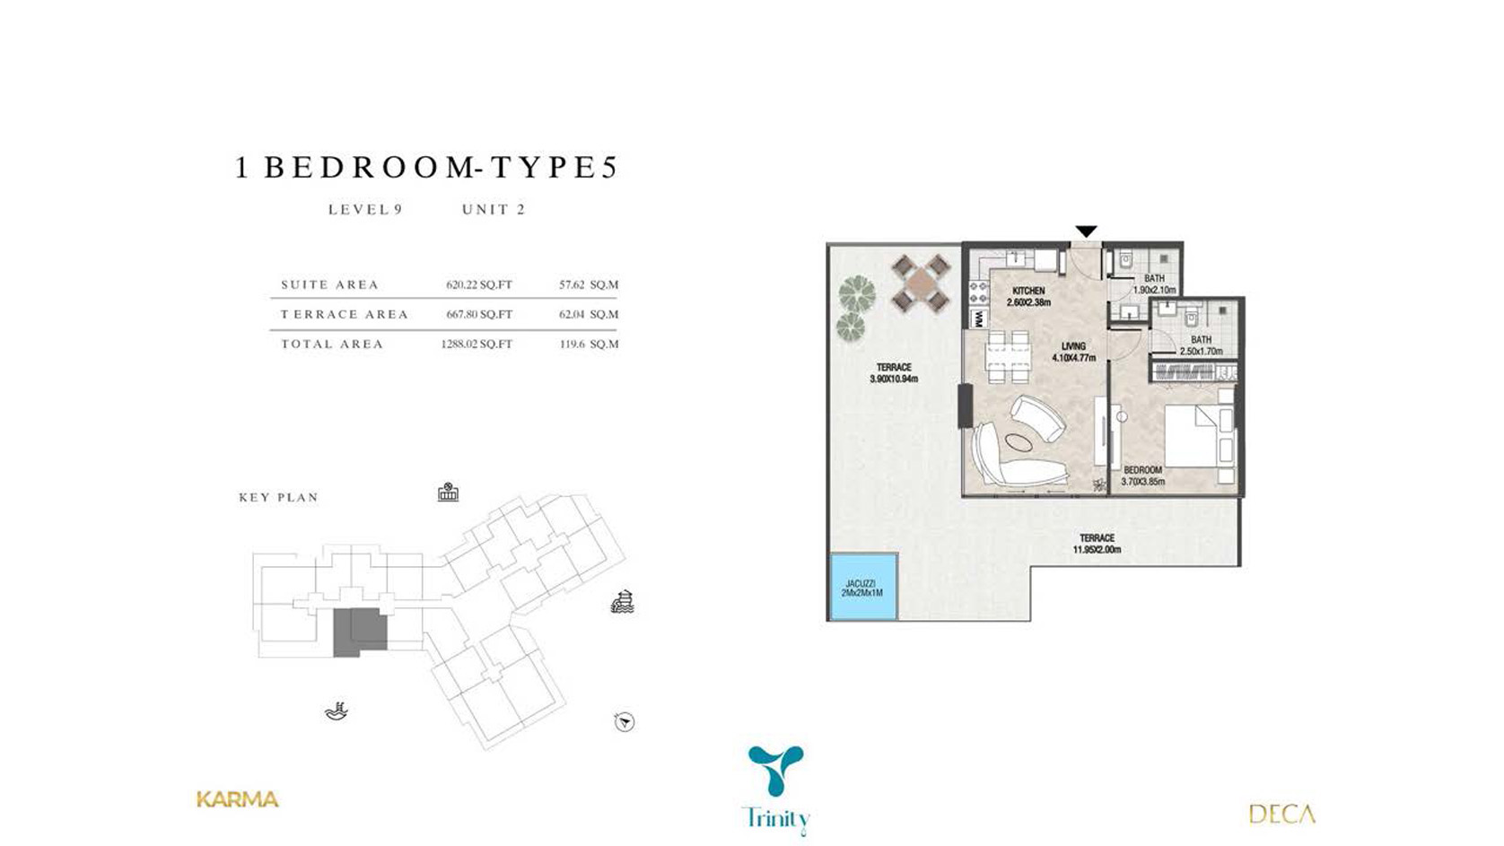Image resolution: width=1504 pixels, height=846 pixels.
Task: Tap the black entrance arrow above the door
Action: [1086, 231]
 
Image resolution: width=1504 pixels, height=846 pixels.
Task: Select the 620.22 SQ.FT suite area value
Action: [478, 284]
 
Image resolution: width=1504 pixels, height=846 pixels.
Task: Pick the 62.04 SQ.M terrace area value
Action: [588, 314]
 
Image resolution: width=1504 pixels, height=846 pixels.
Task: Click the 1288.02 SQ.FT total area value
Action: [476, 344]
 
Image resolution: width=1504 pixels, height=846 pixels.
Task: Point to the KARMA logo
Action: [238, 799]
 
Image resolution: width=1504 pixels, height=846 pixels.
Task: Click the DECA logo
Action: [1281, 815]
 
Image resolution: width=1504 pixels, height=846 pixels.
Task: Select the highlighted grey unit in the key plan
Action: [360, 632]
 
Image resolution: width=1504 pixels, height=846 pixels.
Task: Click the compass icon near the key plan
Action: [625, 722]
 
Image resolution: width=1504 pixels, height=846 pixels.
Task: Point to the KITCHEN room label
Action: [1028, 291]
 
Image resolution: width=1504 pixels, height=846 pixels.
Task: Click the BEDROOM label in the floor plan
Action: [1142, 470]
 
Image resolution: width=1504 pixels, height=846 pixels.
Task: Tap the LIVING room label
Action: [1073, 346]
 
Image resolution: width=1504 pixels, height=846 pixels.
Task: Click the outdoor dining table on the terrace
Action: [921, 283]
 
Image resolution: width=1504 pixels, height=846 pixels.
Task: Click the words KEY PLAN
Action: [279, 498]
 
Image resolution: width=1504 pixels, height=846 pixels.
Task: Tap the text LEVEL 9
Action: [365, 210]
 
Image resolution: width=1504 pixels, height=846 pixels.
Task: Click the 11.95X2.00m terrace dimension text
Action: [1097, 549]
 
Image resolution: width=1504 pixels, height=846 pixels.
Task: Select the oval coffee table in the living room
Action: [1019, 442]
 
